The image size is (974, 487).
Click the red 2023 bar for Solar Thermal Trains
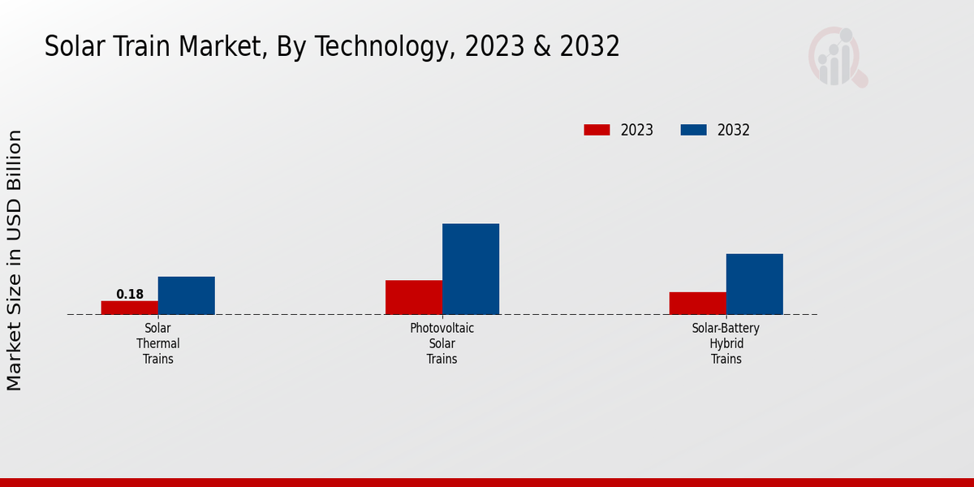[130, 308]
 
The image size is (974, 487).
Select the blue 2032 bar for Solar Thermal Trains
[187, 295]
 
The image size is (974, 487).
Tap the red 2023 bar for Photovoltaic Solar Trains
[414, 297]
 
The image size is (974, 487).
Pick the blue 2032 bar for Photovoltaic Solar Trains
[471, 269]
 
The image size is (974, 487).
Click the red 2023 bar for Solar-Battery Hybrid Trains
[698, 303]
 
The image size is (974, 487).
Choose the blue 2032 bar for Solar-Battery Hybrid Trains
[755, 284]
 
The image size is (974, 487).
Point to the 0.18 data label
[130, 295]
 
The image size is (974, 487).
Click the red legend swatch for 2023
[597, 130]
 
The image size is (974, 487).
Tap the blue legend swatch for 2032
[693, 130]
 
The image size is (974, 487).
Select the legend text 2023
[637, 130]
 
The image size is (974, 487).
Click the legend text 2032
[734, 130]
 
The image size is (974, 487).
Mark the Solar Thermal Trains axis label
[158, 343]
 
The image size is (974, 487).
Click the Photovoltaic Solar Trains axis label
[442, 343]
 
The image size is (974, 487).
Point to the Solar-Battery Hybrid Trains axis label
[726, 343]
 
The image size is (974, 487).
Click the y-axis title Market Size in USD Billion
[15, 260]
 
